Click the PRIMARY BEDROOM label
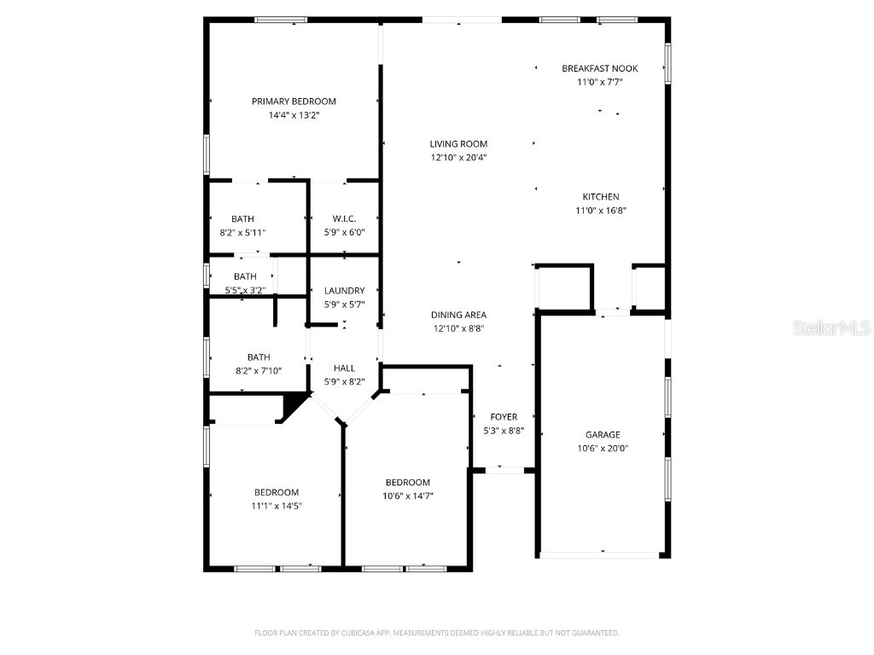point(294,101)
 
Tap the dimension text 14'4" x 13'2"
point(294,114)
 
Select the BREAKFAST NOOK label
point(599,68)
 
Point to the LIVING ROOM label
point(458,144)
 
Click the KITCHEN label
point(601,197)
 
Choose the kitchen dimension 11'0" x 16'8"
point(601,211)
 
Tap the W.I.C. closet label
point(344,219)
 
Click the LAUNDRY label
point(344,291)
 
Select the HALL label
point(344,368)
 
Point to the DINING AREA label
point(458,315)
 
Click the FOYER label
point(504,417)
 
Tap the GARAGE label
point(603,435)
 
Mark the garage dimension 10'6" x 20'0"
point(603,449)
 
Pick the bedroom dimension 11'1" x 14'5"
point(277,506)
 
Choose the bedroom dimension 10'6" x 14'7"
point(407,496)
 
